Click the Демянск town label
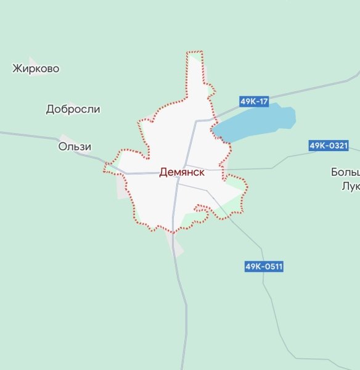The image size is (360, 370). (182, 173)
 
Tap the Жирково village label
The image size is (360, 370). (36, 68)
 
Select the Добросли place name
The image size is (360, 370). (73, 109)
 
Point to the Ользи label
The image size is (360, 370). (75, 147)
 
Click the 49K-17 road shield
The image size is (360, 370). (254, 101)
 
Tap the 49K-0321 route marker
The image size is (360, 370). (329, 146)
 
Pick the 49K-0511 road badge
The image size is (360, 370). (264, 266)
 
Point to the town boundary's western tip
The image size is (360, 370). (107, 165)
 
